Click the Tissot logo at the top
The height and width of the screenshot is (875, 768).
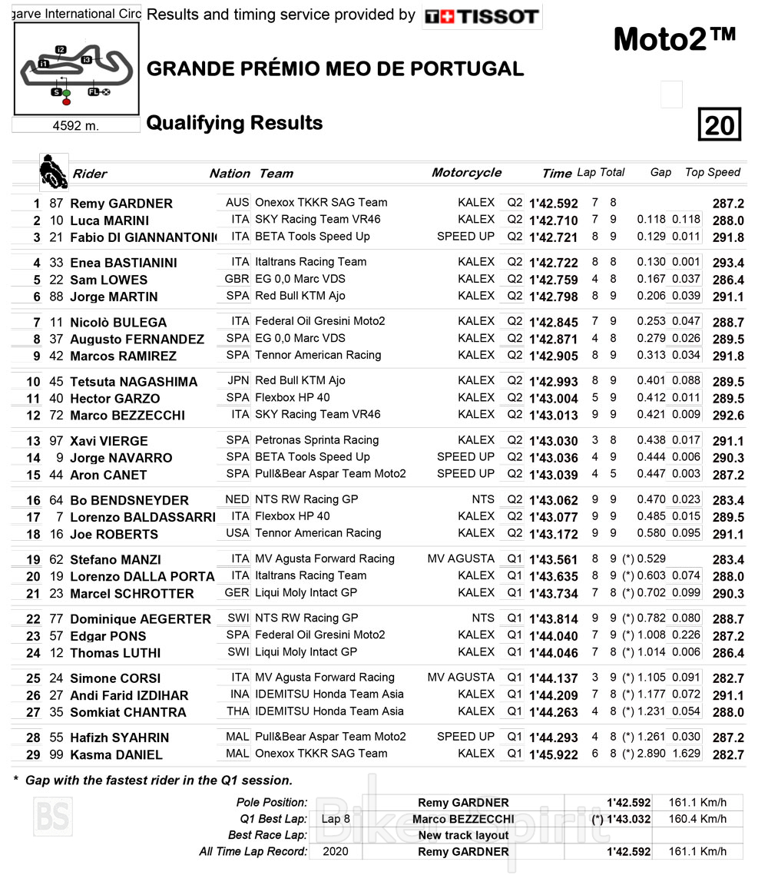click(x=482, y=16)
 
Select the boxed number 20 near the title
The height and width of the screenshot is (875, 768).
click(x=719, y=124)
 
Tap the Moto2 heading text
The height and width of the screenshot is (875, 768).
click(x=674, y=40)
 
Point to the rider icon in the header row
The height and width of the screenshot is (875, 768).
click(x=53, y=172)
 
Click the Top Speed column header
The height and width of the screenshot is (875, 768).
click(x=713, y=172)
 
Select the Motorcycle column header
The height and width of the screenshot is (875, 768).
click(x=466, y=173)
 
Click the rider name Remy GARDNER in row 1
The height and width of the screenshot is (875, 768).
click(x=121, y=204)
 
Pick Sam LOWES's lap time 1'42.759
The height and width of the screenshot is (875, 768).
click(x=553, y=280)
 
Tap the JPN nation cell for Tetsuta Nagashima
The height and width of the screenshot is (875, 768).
click(x=238, y=380)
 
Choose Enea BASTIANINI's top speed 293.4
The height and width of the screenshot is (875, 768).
click(x=728, y=263)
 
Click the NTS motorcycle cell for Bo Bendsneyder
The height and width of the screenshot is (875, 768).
click(x=483, y=499)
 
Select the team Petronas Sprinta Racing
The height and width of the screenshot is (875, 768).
click(x=316, y=440)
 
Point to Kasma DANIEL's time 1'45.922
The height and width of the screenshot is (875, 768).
click(x=553, y=754)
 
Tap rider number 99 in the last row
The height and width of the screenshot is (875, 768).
click(x=56, y=754)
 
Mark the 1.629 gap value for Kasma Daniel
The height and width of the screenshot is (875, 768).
click(x=686, y=754)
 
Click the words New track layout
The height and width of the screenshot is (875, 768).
click(x=463, y=835)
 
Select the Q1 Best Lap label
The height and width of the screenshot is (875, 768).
click(x=273, y=819)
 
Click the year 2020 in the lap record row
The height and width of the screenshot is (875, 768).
click(x=336, y=851)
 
